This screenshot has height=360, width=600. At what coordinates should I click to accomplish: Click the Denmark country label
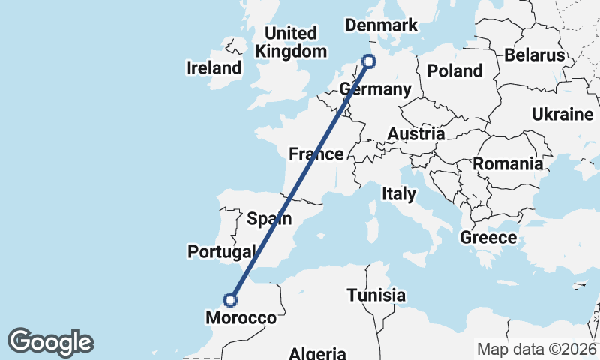pos(380,25)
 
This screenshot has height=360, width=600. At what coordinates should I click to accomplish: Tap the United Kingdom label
pos(291,43)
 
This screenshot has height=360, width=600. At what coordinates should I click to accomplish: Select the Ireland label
pos(214,68)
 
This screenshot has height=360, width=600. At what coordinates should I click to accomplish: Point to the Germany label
pos(375,90)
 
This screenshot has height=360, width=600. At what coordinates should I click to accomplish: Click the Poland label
pos(454,71)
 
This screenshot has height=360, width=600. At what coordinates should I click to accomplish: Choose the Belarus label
pos(534,55)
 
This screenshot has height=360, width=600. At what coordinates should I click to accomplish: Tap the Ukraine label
pos(562,115)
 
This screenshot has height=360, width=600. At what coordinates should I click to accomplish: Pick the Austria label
pos(416,134)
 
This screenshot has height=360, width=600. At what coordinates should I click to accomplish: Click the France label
pos(316,154)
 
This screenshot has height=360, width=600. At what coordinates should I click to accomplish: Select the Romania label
pos(507,163)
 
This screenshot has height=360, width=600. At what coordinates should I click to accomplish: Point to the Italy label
pos(398,194)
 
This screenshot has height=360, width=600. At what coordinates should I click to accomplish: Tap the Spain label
pos(269,219)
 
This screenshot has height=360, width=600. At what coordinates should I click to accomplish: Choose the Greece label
pos(488,238)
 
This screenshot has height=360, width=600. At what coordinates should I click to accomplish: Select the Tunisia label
pos(376,295)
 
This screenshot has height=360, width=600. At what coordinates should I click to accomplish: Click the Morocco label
pos(240,318)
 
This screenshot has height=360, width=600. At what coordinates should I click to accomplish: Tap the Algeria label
pos(318,353)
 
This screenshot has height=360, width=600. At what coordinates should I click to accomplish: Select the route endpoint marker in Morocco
pos(230,300)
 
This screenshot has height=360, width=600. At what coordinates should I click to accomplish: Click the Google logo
pos(50,342)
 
